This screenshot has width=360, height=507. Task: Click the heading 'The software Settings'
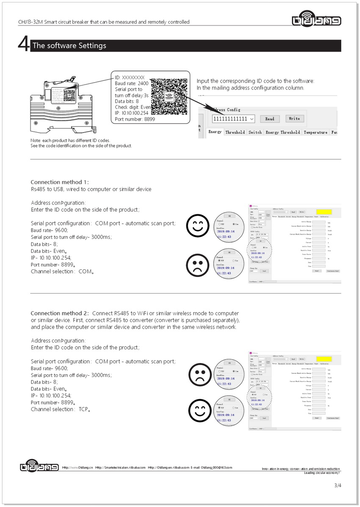69,46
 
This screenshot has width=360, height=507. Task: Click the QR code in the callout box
169,96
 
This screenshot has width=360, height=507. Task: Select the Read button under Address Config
270,119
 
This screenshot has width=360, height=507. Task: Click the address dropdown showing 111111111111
233,119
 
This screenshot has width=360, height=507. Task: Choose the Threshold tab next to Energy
235,133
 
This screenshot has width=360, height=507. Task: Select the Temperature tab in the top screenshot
316,133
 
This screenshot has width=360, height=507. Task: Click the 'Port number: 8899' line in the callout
135,120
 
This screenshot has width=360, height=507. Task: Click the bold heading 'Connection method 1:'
60,182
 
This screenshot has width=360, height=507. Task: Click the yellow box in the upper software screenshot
324,211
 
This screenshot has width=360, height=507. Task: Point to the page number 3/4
337,485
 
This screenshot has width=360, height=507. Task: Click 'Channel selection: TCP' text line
61,409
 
